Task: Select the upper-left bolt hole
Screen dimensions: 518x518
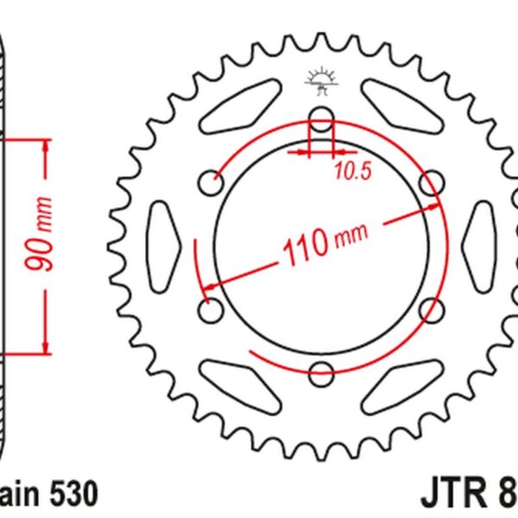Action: pyautogui.click(x=210, y=181)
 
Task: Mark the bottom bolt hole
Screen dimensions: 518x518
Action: pyautogui.click(x=320, y=373)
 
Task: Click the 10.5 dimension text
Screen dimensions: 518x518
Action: pyautogui.click(x=353, y=172)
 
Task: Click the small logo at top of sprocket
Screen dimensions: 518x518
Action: pyautogui.click(x=319, y=81)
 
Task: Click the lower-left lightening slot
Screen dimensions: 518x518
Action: pyautogui.click(x=241, y=380)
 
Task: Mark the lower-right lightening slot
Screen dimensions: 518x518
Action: pyautogui.click(x=399, y=380)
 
